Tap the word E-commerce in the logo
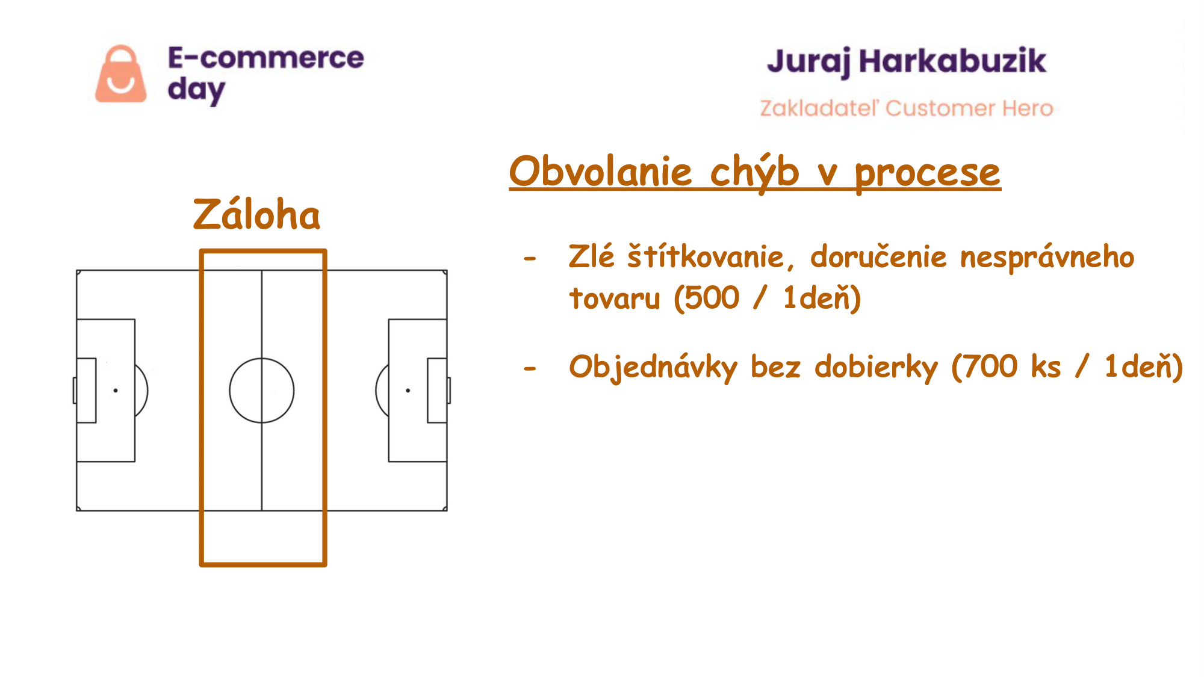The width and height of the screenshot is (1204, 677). pos(266,58)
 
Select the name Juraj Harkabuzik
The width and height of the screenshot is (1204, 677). pos(907,62)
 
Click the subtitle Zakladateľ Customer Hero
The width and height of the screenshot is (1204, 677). pos(907,108)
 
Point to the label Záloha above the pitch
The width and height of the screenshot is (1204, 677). pos(256,214)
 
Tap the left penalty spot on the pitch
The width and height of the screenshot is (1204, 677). pos(116,391)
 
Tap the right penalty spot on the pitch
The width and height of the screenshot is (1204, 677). pos(408,391)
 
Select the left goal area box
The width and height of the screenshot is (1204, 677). pos(96,391)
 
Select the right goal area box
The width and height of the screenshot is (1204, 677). pos(428,391)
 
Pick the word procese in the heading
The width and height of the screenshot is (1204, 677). pos(928,174)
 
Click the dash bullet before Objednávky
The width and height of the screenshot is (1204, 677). pos(530,368)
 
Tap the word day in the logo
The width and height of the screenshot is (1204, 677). pos(196,90)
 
